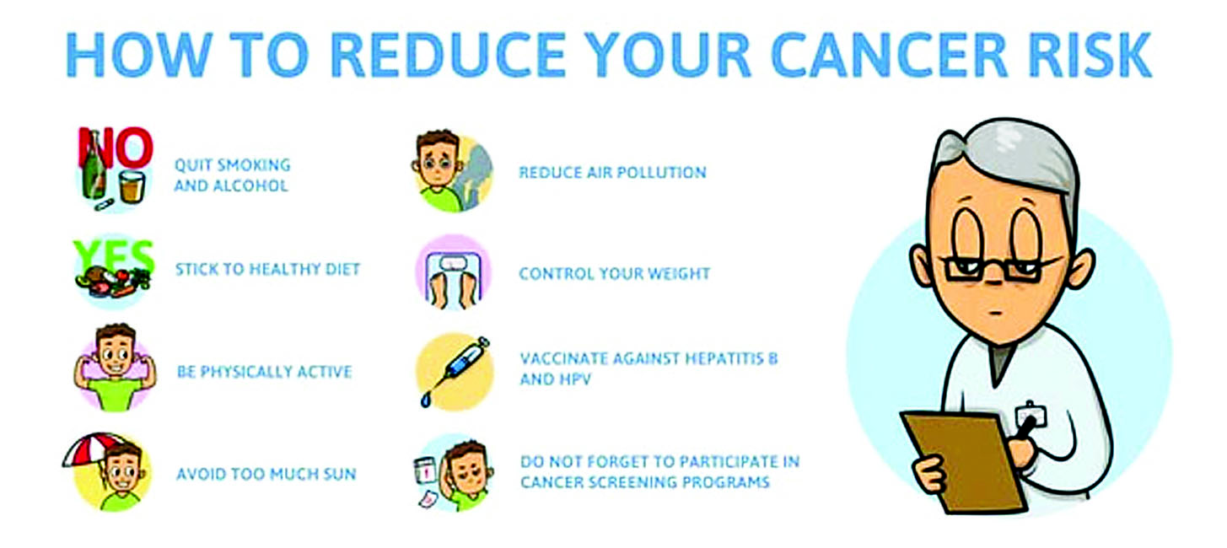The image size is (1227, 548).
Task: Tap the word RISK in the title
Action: point(1090,55)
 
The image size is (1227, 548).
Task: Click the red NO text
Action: point(115,148)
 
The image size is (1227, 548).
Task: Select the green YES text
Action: point(114,256)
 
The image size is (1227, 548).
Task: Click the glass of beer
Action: point(132,186)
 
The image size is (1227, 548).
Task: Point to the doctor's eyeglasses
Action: point(996,269)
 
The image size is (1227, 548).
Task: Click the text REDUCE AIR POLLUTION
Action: point(612,173)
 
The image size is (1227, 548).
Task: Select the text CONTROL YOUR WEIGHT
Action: point(614,274)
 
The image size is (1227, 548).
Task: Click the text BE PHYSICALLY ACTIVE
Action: point(264,373)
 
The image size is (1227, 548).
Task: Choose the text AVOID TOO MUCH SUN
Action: point(266,474)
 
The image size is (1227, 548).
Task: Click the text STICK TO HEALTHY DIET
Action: point(267,269)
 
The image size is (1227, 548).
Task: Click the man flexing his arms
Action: point(115,367)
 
